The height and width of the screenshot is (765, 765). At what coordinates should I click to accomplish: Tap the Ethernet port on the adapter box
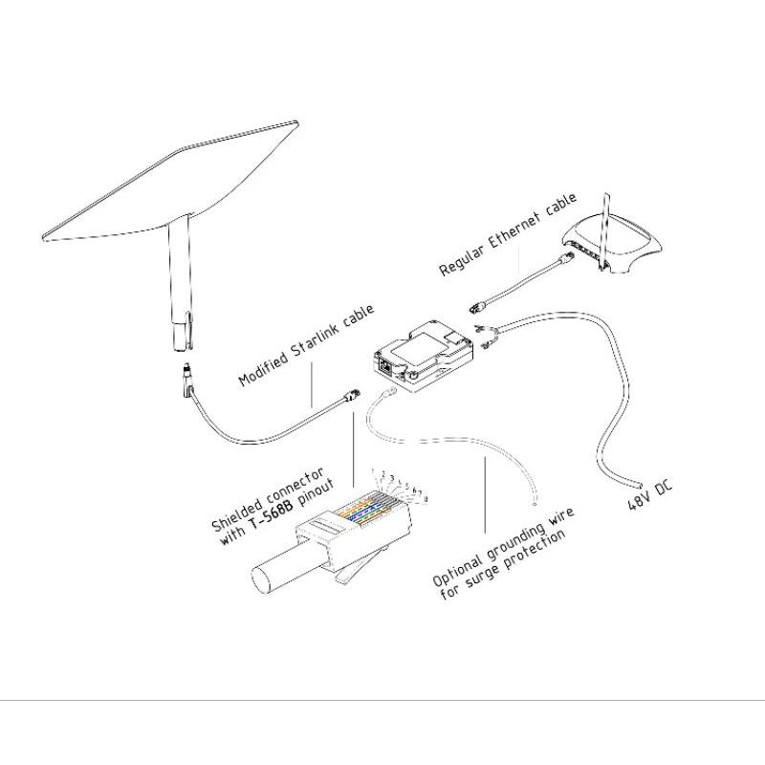click(x=384, y=365)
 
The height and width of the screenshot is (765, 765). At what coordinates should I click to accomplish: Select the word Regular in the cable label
click(x=463, y=257)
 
